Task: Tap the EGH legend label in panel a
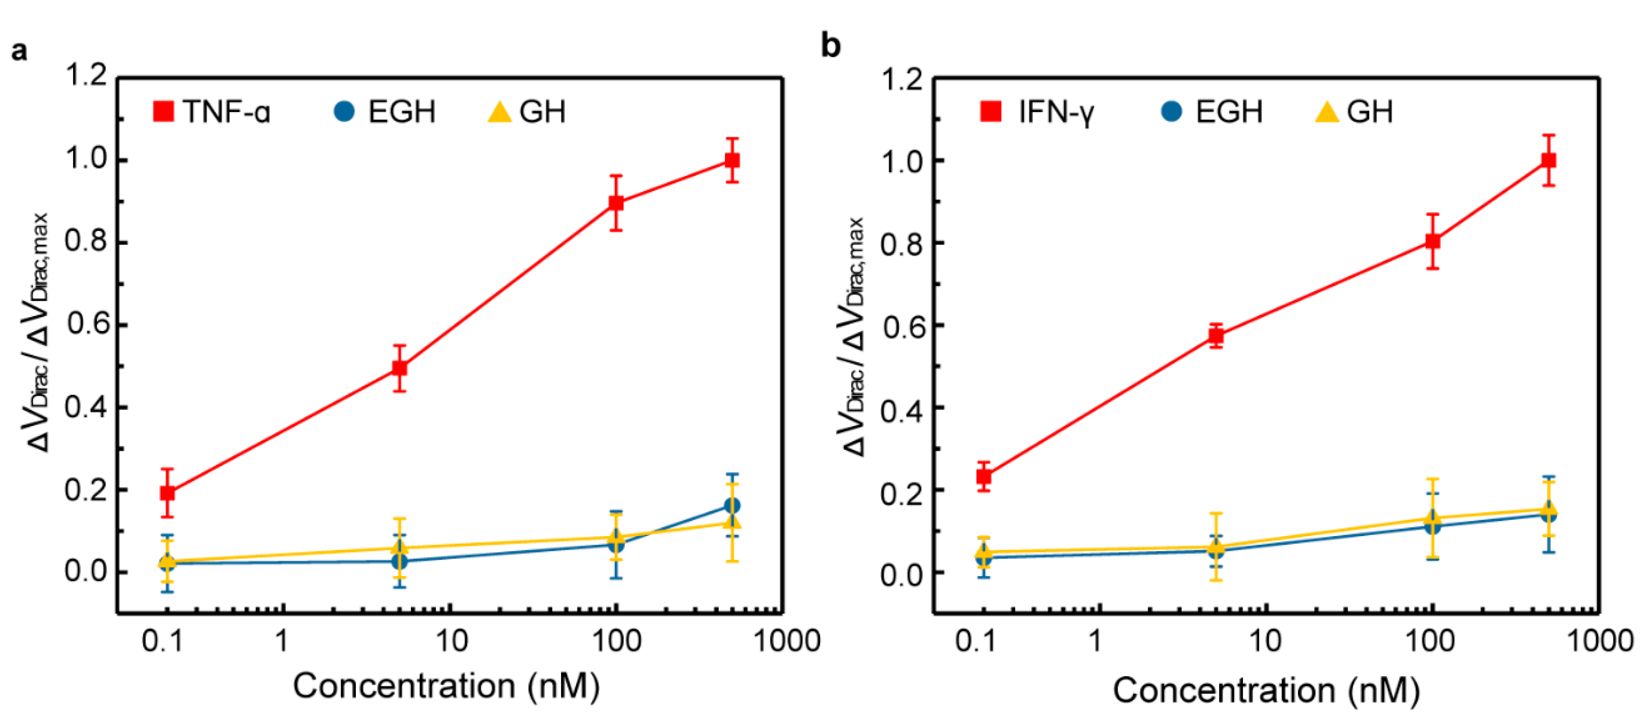pyautogui.click(x=401, y=112)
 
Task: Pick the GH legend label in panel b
pyautogui.click(x=1369, y=112)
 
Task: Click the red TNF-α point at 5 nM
pyautogui.click(x=399, y=368)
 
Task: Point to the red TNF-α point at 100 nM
pyautogui.click(x=616, y=202)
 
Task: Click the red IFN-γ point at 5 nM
pyautogui.click(x=1215, y=336)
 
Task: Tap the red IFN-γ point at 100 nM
pyautogui.click(x=1433, y=241)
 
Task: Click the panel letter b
pyautogui.click(x=831, y=46)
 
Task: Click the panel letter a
pyautogui.click(x=19, y=50)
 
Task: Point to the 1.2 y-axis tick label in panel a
pyautogui.click(x=86, y=76)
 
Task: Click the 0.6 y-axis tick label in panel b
pyautogui.click(x=901, y=325)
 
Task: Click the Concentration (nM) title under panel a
pyautogui.click(x=446, y=686)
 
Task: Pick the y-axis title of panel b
pyautogui.click(x=854, y=336)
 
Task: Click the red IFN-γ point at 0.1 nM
pyautogui.click(x=984, y=476)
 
